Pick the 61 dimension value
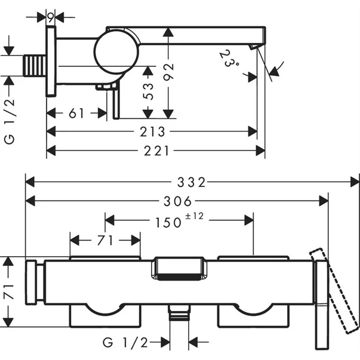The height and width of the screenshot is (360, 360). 76,113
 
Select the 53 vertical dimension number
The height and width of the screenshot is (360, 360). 149,91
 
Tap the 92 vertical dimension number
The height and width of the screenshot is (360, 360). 170,73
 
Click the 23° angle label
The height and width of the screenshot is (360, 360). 227,61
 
